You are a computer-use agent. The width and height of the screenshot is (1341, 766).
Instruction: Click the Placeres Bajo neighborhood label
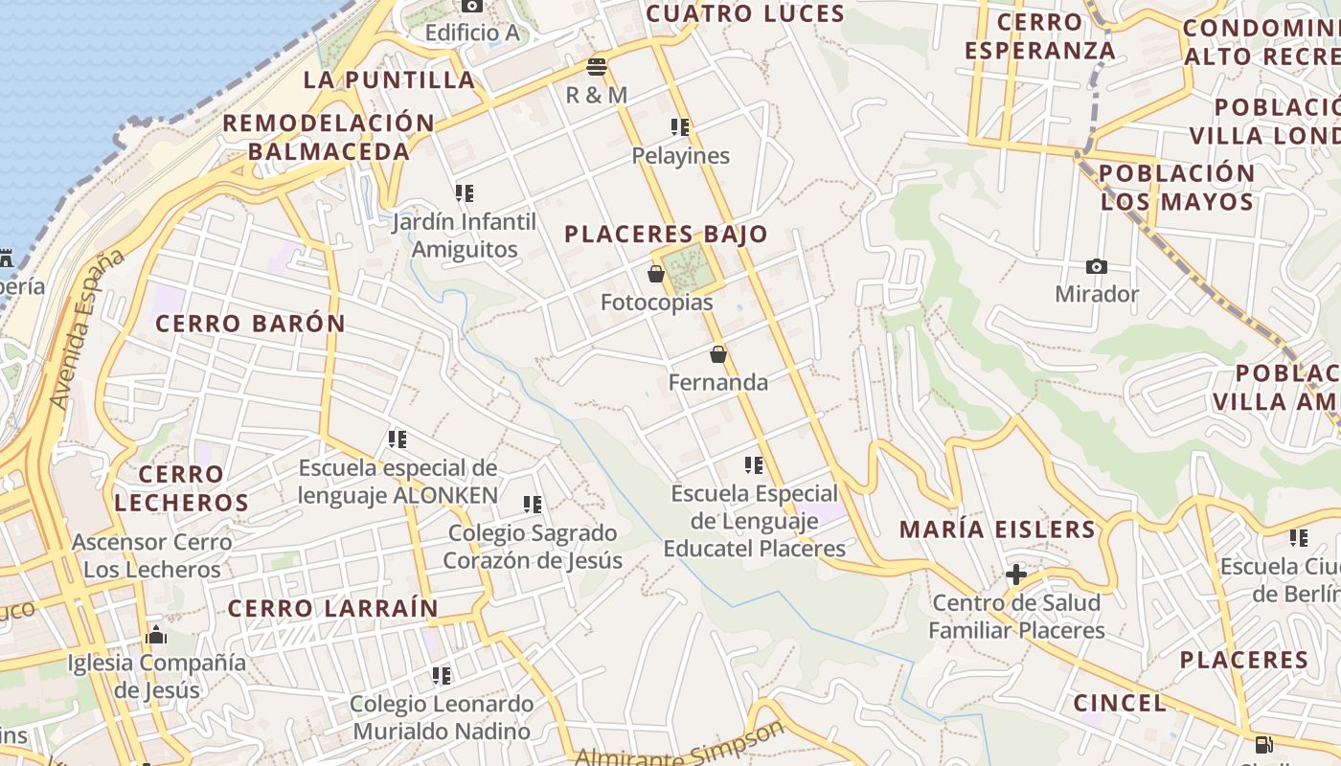[x=666, y=235]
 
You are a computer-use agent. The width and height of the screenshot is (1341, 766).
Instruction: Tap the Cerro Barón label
[x=250, y=324]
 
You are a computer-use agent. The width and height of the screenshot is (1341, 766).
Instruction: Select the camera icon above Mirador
[x=1097, y=266]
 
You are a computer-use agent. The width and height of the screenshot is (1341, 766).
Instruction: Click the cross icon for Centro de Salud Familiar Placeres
[x=1016, y=574]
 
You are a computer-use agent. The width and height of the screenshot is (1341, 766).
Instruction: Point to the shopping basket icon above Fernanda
[x=718, y=354]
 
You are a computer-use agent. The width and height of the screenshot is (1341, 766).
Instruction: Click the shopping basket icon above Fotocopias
[x=656, y=275]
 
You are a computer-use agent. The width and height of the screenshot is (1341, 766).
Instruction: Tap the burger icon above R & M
[x=597, y=67]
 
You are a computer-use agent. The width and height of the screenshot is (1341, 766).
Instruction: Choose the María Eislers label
[x=997, y=529]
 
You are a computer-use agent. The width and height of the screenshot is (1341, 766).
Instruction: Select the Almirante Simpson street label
[x=679, y=745]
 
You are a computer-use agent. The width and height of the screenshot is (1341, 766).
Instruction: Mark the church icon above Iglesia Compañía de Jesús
[x=155, y=635]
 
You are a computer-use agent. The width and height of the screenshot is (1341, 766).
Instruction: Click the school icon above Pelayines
[x=680, y=127]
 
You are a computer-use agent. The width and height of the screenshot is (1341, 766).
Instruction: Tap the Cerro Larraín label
[x=332, y=608]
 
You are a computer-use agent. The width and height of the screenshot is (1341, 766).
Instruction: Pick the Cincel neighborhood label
[x=1120, y=703]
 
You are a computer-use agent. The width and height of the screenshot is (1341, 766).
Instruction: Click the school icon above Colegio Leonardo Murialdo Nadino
[x=442, y=676]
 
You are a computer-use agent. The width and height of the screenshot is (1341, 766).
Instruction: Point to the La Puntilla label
[x=389, y=79]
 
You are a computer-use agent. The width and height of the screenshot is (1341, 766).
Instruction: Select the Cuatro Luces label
[x=745, y=13]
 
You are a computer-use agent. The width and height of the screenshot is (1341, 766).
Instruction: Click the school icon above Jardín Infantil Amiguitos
[x=465, y=193]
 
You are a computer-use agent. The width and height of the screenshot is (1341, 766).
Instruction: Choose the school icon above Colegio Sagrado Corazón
[x=533, y=505]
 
